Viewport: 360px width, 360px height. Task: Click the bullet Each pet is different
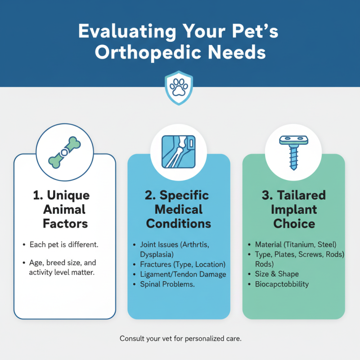64,245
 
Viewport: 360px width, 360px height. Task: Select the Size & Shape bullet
277,274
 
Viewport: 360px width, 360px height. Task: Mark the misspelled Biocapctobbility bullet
282,284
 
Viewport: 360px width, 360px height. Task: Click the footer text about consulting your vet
180,338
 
